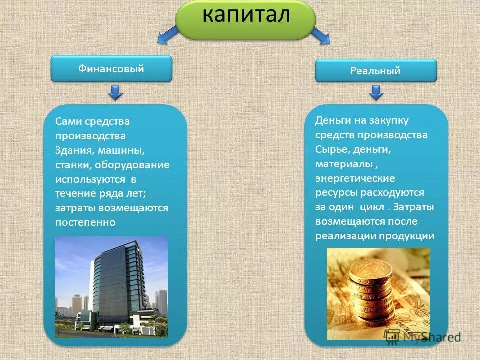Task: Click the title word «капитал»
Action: tap(246, 15)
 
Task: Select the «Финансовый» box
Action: tap(111, 69)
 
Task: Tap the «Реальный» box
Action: tap(375, 71)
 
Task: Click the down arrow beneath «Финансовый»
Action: tap(115, 92)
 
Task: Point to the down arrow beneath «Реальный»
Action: tap(376, 92)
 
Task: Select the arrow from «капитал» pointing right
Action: tap(320, 35)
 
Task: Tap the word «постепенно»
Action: tap(85, 222)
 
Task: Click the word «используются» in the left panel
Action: tap(88, 179)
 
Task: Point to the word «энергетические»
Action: tap(355, 178)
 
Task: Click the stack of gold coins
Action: tap(370, 290)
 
